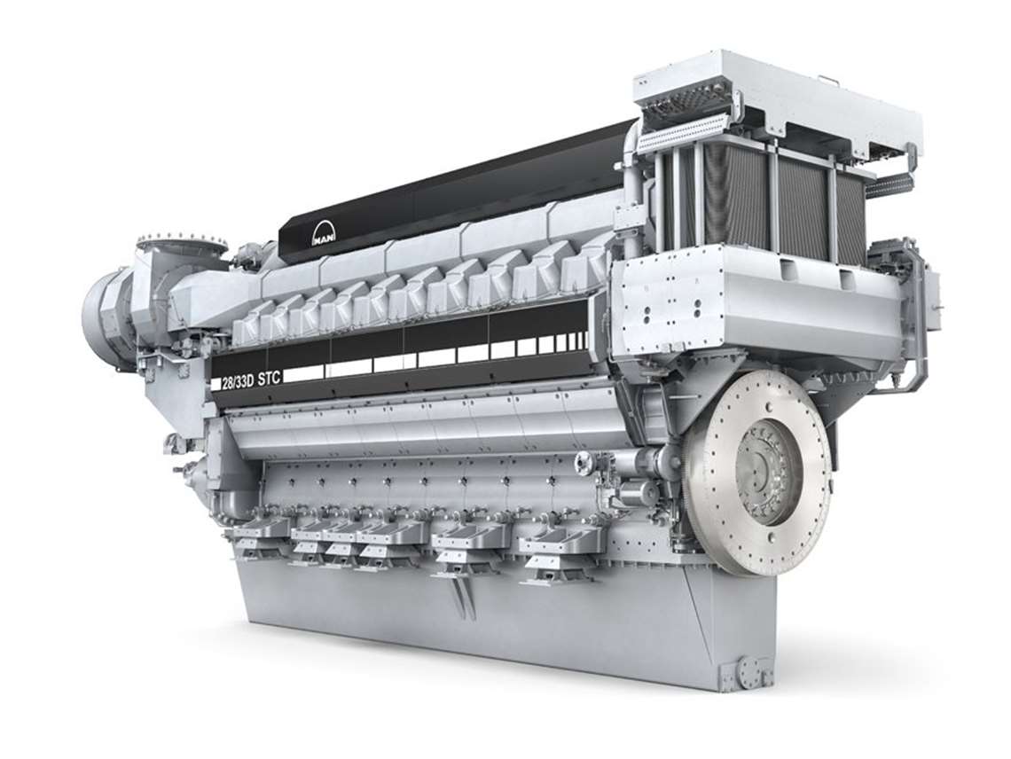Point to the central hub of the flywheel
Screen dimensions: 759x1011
tap(764, 470)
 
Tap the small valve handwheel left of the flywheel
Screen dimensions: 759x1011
tap(584, 461)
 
